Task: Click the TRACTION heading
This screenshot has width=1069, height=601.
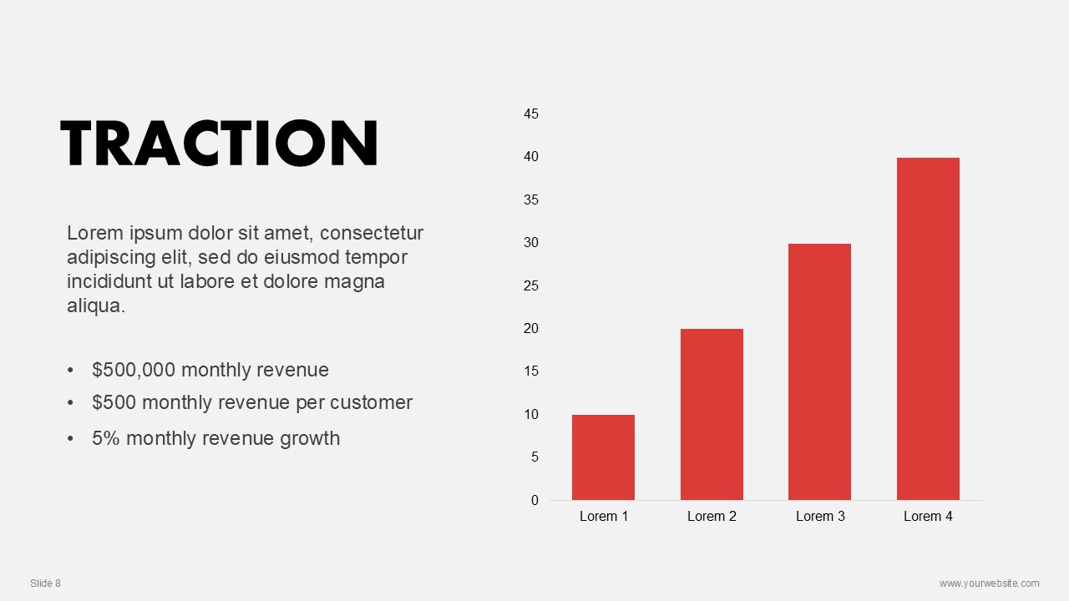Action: click(220, 143)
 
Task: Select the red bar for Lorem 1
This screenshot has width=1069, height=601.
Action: click(603, 457)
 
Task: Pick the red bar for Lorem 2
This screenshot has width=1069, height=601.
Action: click(712, 415)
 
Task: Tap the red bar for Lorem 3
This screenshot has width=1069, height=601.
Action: click(819, 372)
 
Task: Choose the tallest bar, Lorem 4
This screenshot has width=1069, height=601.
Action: click(928, 329)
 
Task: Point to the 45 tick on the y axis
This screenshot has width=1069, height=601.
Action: click(531, 114)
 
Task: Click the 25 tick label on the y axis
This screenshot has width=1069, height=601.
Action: click(531, 285)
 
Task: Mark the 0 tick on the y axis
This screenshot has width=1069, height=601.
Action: click(534, 500)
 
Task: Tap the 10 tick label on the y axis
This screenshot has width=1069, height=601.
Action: click(531, 415)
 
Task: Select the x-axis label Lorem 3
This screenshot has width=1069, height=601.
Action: click(820, 516)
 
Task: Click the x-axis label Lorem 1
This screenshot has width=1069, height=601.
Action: click(604, 516)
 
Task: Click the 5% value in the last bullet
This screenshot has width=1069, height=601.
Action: click(105, 438)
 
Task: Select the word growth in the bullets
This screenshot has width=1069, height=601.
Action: click(310, 439)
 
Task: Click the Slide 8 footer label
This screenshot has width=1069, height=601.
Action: click(45, 583)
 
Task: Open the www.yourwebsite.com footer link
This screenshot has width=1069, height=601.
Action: click(990, 583)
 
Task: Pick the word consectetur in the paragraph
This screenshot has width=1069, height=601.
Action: click(372, 233)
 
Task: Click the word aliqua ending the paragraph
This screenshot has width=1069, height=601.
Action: click(96, 306)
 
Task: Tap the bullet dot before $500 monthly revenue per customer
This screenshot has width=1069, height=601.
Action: click(71, 403)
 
